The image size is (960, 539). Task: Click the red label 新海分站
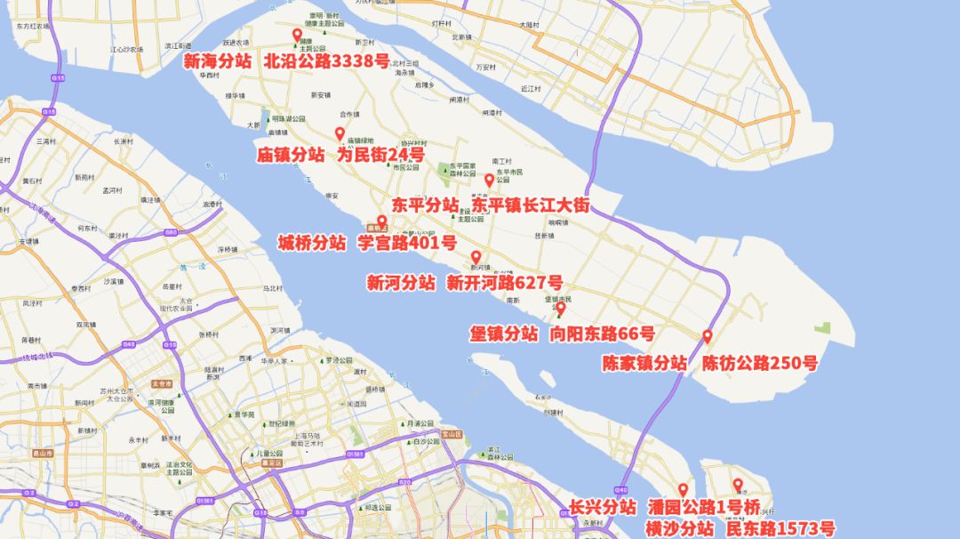coord(217,61)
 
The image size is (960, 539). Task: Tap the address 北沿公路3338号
coord(327,61)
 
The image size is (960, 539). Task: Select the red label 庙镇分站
coord(291,155)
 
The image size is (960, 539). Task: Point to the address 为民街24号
coord(380,155)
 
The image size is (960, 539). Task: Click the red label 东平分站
coord(425,205)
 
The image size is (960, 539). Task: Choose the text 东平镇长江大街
coord(530,205)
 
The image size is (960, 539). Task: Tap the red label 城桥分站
coord(312,243)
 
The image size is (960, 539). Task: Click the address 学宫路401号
coord(407,243)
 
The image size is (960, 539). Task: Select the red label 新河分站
coord(401,283)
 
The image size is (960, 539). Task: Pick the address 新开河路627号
coord(505,283)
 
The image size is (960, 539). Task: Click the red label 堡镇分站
coord(503,334)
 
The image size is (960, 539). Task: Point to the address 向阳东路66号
coord(603,334)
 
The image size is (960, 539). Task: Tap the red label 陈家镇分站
coord(644,363)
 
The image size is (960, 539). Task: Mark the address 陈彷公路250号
coord(760,363)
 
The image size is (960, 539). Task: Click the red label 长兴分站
coord(603,507)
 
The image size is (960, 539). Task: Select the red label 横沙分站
coord(679,528)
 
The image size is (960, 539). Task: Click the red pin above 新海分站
coord(298,35)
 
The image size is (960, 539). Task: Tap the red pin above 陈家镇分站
coord(708,336)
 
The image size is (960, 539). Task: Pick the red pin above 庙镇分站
coord(340,133)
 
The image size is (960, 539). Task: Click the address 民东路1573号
coord(780,528)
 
